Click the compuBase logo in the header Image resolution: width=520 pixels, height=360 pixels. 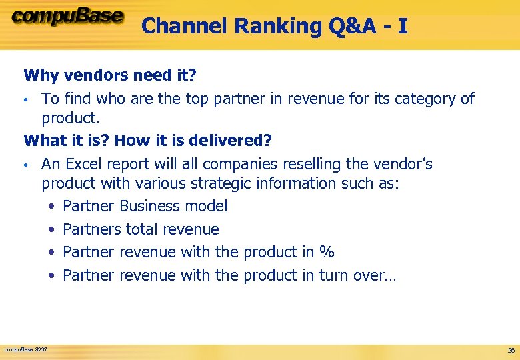point(67,18)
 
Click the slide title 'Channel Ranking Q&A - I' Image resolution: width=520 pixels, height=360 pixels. point(275,26)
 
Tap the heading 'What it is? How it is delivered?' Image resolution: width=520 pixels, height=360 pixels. point(148,141)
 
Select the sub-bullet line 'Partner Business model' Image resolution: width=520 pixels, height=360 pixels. point(145,206)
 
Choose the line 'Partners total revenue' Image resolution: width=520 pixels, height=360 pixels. point(141,229)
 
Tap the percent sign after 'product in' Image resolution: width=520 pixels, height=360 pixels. point(327,252)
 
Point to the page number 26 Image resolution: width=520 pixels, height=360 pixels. point(511,350)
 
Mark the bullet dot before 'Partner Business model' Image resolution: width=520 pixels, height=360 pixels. point(52,207)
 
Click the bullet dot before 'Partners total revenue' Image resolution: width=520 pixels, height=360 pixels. point(52,230)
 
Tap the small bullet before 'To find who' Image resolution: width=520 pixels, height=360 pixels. point(26,100)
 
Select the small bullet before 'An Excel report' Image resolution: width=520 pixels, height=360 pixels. point(26,165)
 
